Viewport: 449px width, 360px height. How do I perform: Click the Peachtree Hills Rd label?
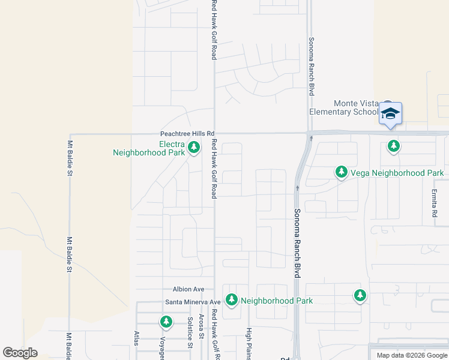coord(187,134)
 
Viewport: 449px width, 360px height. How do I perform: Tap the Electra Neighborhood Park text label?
coord(148,148)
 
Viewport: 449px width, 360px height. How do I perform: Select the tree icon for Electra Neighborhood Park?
coord(193,147)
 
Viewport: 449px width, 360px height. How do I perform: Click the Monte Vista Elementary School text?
coord(343,107)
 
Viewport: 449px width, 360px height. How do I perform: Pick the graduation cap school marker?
coord(390,113)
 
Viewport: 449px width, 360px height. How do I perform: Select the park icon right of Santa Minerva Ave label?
coord(231,299)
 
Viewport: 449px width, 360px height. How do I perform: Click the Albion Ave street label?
coord(188,289)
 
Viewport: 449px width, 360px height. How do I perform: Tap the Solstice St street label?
coord(190,332)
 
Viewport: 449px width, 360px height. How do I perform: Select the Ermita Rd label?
coord(434,203)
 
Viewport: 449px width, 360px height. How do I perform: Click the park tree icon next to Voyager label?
coord(166,322)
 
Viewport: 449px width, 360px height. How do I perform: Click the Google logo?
coord(20,353)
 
